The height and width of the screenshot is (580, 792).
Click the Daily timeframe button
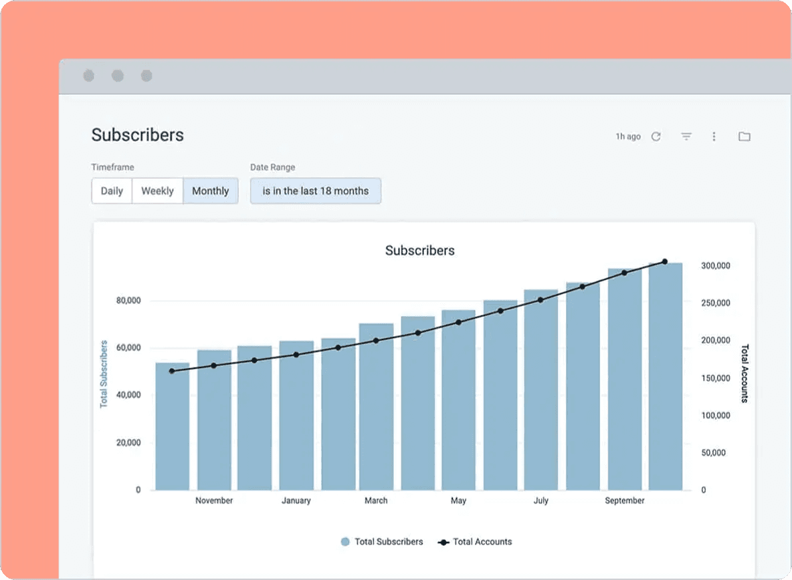[112, 191]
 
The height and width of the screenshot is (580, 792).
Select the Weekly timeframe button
[158, 191]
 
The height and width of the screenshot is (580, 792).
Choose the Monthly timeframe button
[211, 191]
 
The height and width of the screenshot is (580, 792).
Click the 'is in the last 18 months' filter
[316, 191]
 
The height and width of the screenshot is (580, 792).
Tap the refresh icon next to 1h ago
[656, 136]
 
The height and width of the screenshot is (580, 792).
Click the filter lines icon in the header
[686, 136]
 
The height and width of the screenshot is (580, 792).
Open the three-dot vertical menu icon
[714, 136]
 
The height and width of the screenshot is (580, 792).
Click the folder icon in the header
[744, 136]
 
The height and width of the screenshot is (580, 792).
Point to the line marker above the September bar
[624, 273]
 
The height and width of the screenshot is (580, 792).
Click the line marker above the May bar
[458, 322]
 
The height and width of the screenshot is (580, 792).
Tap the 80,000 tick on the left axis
[128, 301]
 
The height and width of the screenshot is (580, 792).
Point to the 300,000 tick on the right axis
[715, 266]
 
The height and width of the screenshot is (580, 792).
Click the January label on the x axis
[296, 500]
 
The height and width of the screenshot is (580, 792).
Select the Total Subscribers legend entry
[382, 542]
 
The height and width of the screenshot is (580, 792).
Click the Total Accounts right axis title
[745, 374]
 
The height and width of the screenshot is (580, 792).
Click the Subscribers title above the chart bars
[419, 251]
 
